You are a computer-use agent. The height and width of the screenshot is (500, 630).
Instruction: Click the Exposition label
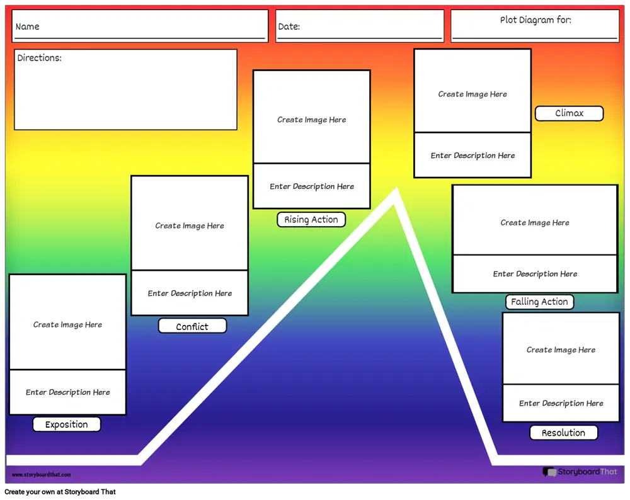(x=67, y=424)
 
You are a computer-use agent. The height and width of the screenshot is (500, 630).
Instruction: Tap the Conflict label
(x=192, y=326)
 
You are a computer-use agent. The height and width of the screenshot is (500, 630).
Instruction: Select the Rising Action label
(x=311, y=220)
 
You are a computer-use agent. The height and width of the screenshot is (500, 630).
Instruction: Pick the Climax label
(x=570, y=113)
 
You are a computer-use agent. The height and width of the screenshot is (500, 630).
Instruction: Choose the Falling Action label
(x=540, y=302)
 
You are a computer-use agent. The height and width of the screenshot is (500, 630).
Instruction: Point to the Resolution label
(x=564, y=433)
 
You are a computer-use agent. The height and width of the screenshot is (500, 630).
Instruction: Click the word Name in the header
(x=27, y=26)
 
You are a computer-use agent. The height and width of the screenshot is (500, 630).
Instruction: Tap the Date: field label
(x=289, y=26)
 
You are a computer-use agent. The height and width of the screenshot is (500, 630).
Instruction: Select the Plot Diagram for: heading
(x=535, y=20)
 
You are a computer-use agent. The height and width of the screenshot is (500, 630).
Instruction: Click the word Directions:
(x=39, y=58)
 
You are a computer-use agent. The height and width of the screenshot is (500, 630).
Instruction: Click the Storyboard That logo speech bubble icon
(x=549, y=472)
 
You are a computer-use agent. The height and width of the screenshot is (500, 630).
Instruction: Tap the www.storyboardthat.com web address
(x=42, y=475)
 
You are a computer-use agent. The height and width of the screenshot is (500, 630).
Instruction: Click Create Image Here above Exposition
(x=67, y=324)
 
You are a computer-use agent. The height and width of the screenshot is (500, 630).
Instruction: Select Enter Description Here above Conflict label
(x=190, y=293)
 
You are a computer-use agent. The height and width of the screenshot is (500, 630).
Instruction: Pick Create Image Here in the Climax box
(x=472, y=94)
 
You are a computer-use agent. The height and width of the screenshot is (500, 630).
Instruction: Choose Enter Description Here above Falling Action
(x=535, y=274)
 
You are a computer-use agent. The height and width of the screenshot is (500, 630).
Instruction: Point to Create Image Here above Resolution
(x=561, y=349)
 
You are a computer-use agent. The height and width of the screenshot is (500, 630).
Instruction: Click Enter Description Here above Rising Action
(x=312, y=186)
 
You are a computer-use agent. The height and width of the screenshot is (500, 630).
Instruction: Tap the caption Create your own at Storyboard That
(x=60, y=492)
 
